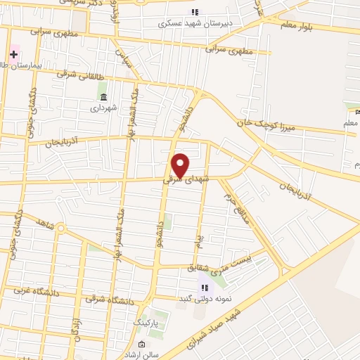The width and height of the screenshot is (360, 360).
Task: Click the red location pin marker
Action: (181, 165)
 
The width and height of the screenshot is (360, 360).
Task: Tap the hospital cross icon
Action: (13, 54)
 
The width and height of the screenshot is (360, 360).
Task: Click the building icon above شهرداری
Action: (103, 97)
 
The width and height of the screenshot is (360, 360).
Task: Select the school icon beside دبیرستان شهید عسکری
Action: (195, 12)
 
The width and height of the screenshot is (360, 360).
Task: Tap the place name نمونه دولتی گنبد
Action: (205, 297)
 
